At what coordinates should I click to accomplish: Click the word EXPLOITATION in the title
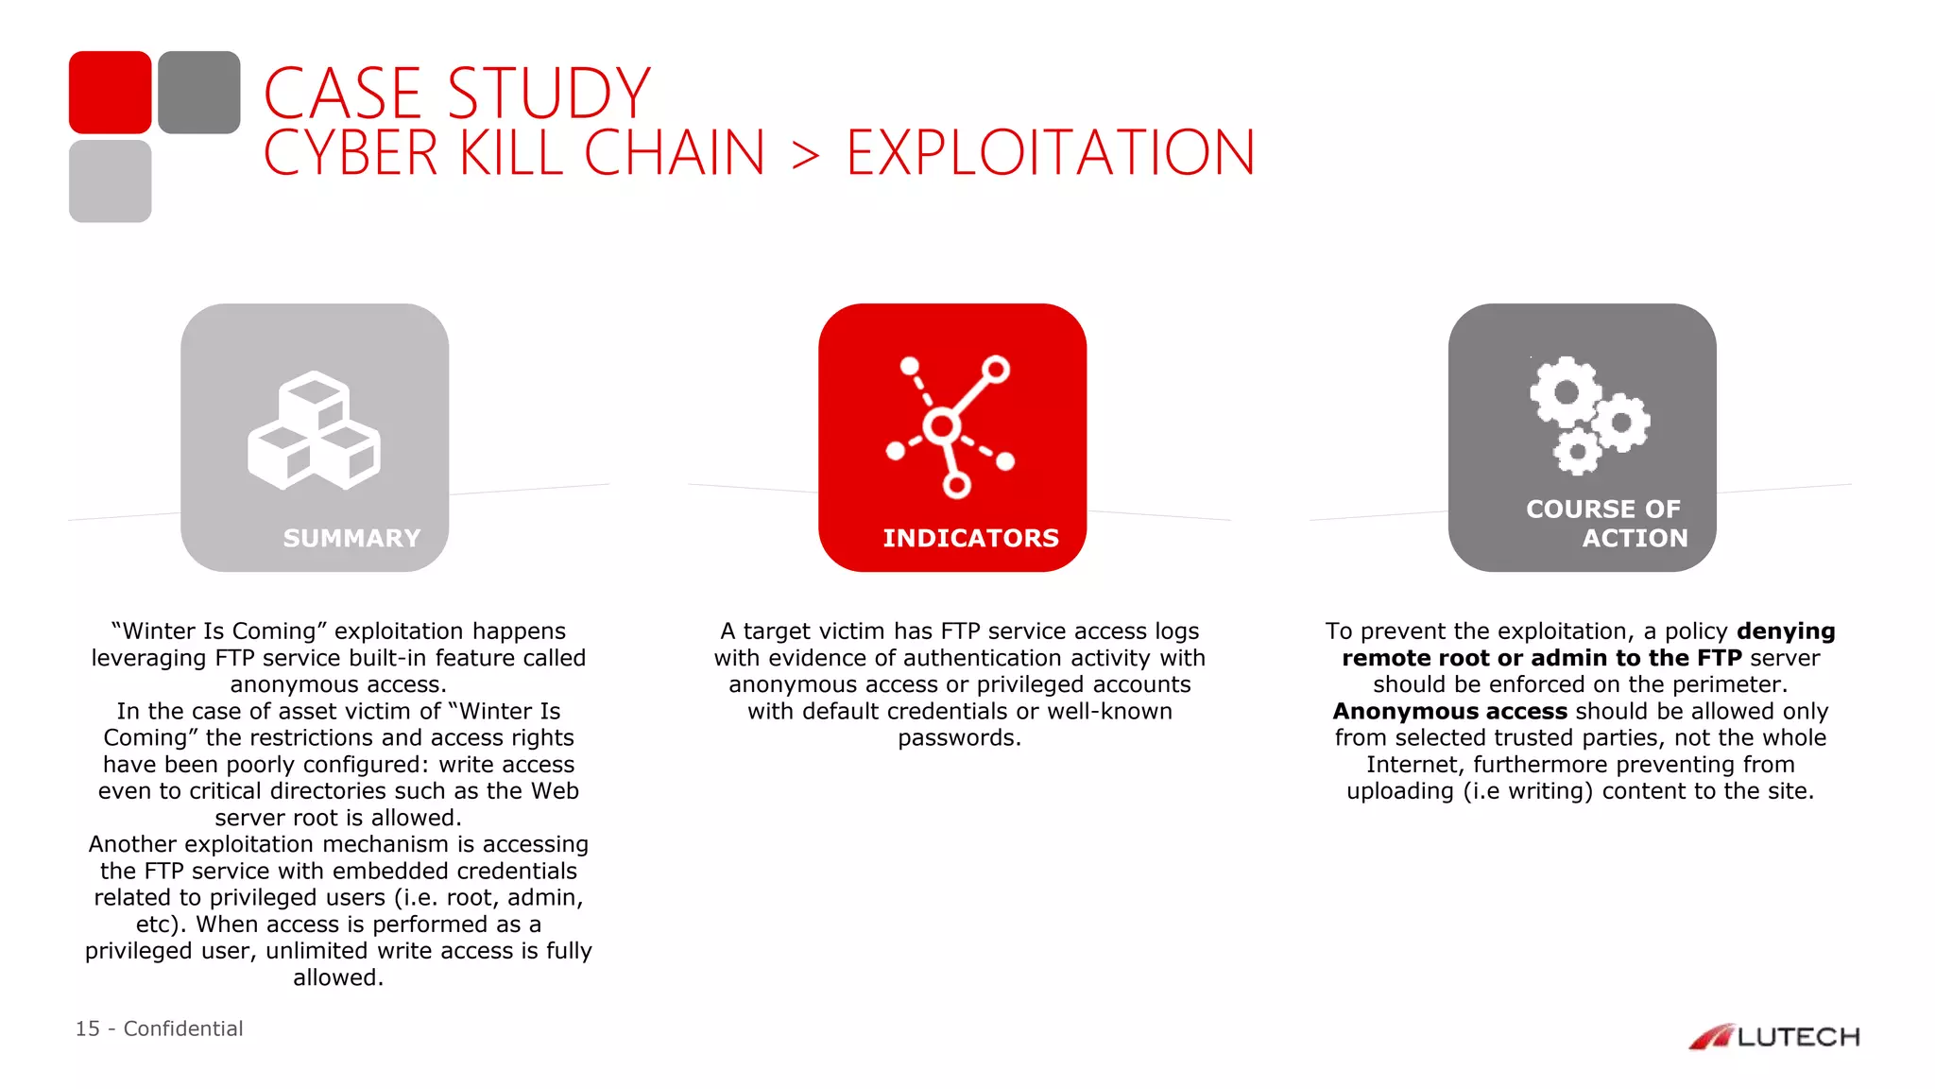point(1050,153)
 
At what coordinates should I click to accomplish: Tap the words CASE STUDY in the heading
point(457,93)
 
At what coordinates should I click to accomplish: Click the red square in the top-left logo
point(110,92)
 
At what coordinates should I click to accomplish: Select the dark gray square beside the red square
point(198,92)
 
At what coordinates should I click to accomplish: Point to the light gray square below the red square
point(110,181)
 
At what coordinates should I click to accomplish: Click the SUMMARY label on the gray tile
point(351,538)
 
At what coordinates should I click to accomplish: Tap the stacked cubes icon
point(314,431)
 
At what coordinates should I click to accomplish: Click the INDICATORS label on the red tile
point(970,538)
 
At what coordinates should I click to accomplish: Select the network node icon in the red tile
point(950,426)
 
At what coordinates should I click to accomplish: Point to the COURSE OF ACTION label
point(1606,523)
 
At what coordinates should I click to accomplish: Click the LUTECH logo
point(1773,1037)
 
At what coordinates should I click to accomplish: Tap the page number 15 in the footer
point(87,1028)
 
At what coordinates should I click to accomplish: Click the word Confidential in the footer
point(183,1028)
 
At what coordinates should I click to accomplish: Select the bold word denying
point(1786,631)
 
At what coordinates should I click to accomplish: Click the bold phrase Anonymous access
point(1449,711)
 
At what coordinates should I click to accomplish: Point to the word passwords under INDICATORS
point(958,737)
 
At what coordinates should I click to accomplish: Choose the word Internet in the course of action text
point(1413,764)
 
